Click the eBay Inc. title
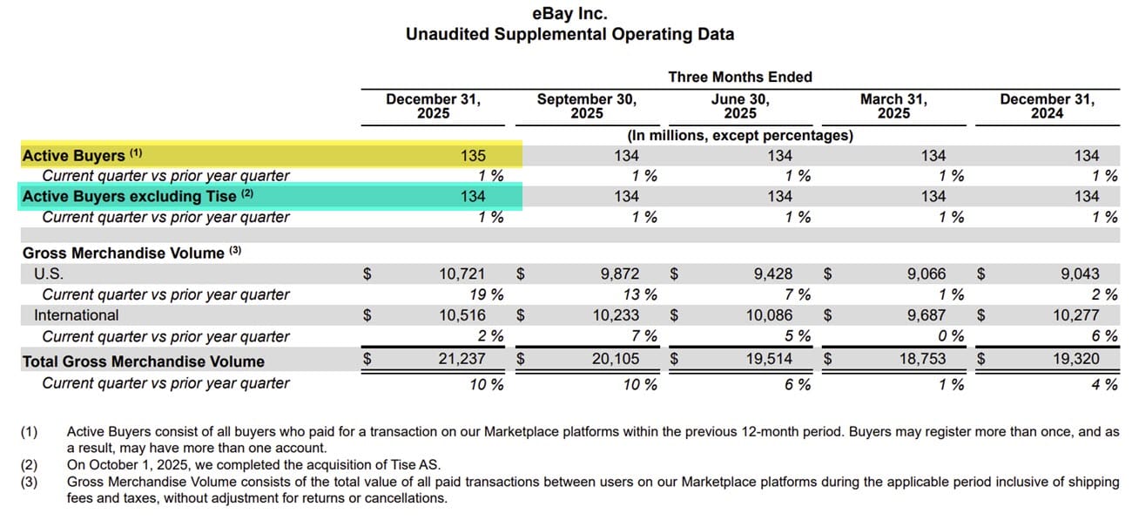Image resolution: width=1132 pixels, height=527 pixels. [569, 14]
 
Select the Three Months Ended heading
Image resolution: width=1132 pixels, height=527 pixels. [739, 77]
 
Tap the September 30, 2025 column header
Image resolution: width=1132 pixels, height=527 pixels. [586, 105]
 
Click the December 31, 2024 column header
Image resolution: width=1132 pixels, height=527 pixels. [1047, 105]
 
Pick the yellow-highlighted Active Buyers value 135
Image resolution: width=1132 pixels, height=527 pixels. [473, 155]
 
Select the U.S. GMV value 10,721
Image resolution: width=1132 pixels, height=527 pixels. [463, 274]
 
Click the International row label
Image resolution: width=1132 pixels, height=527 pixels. [77, 315]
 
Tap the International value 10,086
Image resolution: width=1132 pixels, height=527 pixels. [770, 315]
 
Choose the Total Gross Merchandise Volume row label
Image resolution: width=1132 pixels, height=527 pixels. [143, 361]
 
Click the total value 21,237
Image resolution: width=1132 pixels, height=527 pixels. [463, 359]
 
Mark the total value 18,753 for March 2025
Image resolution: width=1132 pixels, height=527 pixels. [923, 359]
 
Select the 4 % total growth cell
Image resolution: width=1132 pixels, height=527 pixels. [1105, 383]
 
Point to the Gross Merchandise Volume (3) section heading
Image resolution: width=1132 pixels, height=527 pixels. [131, 253]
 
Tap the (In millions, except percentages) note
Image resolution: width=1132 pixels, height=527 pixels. [739, 135]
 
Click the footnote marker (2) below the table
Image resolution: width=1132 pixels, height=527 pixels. [30, 464]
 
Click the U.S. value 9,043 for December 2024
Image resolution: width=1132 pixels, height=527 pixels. [1076, 274]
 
